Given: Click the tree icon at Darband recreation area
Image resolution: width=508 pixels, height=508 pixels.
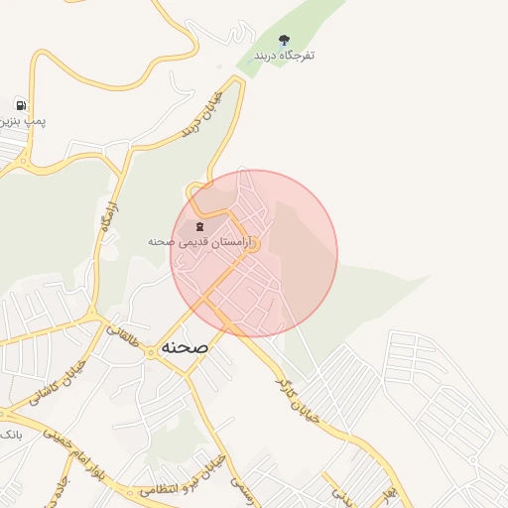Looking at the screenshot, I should click(285, 41).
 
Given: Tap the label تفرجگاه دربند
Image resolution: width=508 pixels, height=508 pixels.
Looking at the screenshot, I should click(284, 56).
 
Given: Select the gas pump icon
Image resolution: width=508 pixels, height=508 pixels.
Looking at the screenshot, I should click(20, 104).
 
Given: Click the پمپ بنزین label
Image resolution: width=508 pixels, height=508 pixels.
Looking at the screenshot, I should click(22, 120).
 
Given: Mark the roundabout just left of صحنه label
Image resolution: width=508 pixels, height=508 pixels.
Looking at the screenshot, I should click(148, 351).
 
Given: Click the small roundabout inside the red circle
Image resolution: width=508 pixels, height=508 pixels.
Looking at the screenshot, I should click(252, 245).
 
